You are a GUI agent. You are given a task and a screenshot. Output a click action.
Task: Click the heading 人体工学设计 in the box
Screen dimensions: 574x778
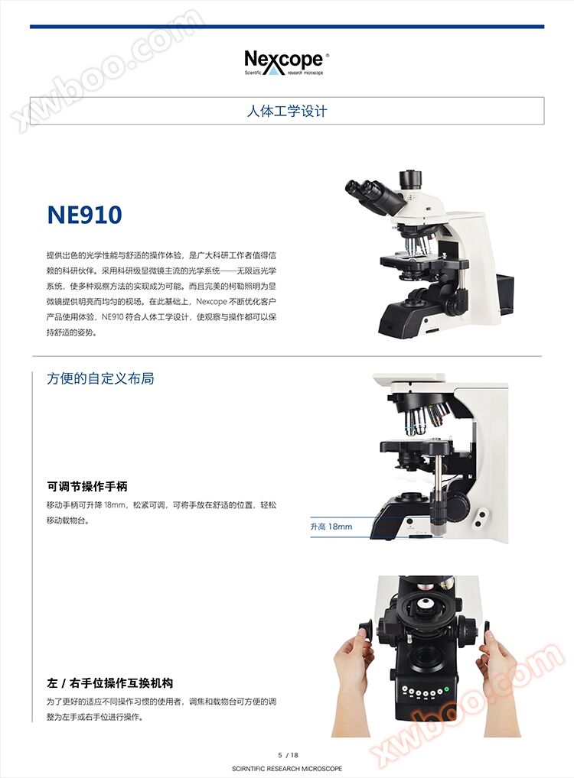point(287,111)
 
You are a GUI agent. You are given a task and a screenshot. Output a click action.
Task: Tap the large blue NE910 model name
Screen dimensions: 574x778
point(84,215)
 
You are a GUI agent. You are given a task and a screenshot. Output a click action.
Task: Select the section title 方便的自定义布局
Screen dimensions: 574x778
point(100,378)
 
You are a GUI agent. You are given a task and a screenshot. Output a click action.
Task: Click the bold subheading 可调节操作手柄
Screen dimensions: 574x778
point(87,487)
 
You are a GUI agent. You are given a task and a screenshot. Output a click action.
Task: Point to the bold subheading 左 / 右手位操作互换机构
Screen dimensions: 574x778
point(110,683)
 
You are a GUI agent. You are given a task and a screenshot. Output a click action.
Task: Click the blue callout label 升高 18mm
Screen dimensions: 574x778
point(331,527)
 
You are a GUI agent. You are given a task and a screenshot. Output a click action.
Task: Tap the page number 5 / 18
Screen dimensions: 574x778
point(289,755)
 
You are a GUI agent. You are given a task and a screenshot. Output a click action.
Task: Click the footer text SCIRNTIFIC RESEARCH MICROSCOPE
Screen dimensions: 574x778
point(287,769)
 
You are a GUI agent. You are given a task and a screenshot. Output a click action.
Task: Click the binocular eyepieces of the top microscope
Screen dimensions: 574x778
point(373,196)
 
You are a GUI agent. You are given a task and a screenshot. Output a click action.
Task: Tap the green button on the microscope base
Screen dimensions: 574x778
point(446,689)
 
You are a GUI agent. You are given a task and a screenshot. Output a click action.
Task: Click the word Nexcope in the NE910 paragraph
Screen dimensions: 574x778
point(212,302)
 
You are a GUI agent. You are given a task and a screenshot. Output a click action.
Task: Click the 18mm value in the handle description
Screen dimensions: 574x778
point(116,506)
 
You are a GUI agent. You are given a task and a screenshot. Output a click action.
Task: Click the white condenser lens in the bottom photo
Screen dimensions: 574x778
point(424,605)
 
